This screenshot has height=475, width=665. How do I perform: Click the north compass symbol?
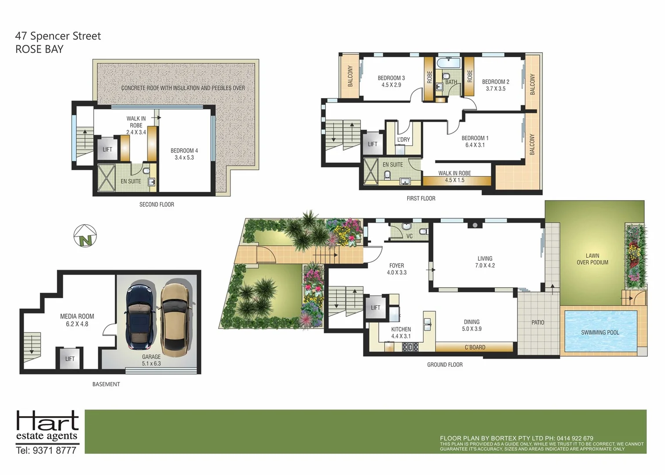(85, 236)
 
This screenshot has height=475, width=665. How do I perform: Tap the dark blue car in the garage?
(140, 316)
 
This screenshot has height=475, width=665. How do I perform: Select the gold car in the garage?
(176, 318)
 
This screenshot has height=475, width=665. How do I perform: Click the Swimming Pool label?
(600, 332)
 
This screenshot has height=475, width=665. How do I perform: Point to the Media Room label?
(77, 320)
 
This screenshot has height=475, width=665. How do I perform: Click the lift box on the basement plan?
(69, 358)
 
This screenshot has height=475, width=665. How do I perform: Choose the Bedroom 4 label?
(184, 154)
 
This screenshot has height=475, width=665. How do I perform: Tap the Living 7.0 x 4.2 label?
(485, 262)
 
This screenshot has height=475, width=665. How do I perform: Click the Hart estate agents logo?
(47, 426)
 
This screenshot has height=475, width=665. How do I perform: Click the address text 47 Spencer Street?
(58, 36)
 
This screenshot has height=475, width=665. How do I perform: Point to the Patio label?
(537, 322)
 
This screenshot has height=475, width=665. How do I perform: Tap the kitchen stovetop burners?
(410, 347)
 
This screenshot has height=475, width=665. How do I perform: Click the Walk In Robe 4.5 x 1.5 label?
(454, 176)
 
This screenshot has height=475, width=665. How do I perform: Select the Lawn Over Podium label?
(592, 259)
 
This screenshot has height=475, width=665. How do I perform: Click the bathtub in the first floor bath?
(449, 62)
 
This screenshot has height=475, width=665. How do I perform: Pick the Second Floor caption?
(157, 205)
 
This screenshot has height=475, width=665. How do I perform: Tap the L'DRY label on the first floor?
(403, 139)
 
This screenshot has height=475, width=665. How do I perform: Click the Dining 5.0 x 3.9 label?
(471, 325)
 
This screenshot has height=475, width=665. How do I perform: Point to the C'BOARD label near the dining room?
(475, 347)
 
